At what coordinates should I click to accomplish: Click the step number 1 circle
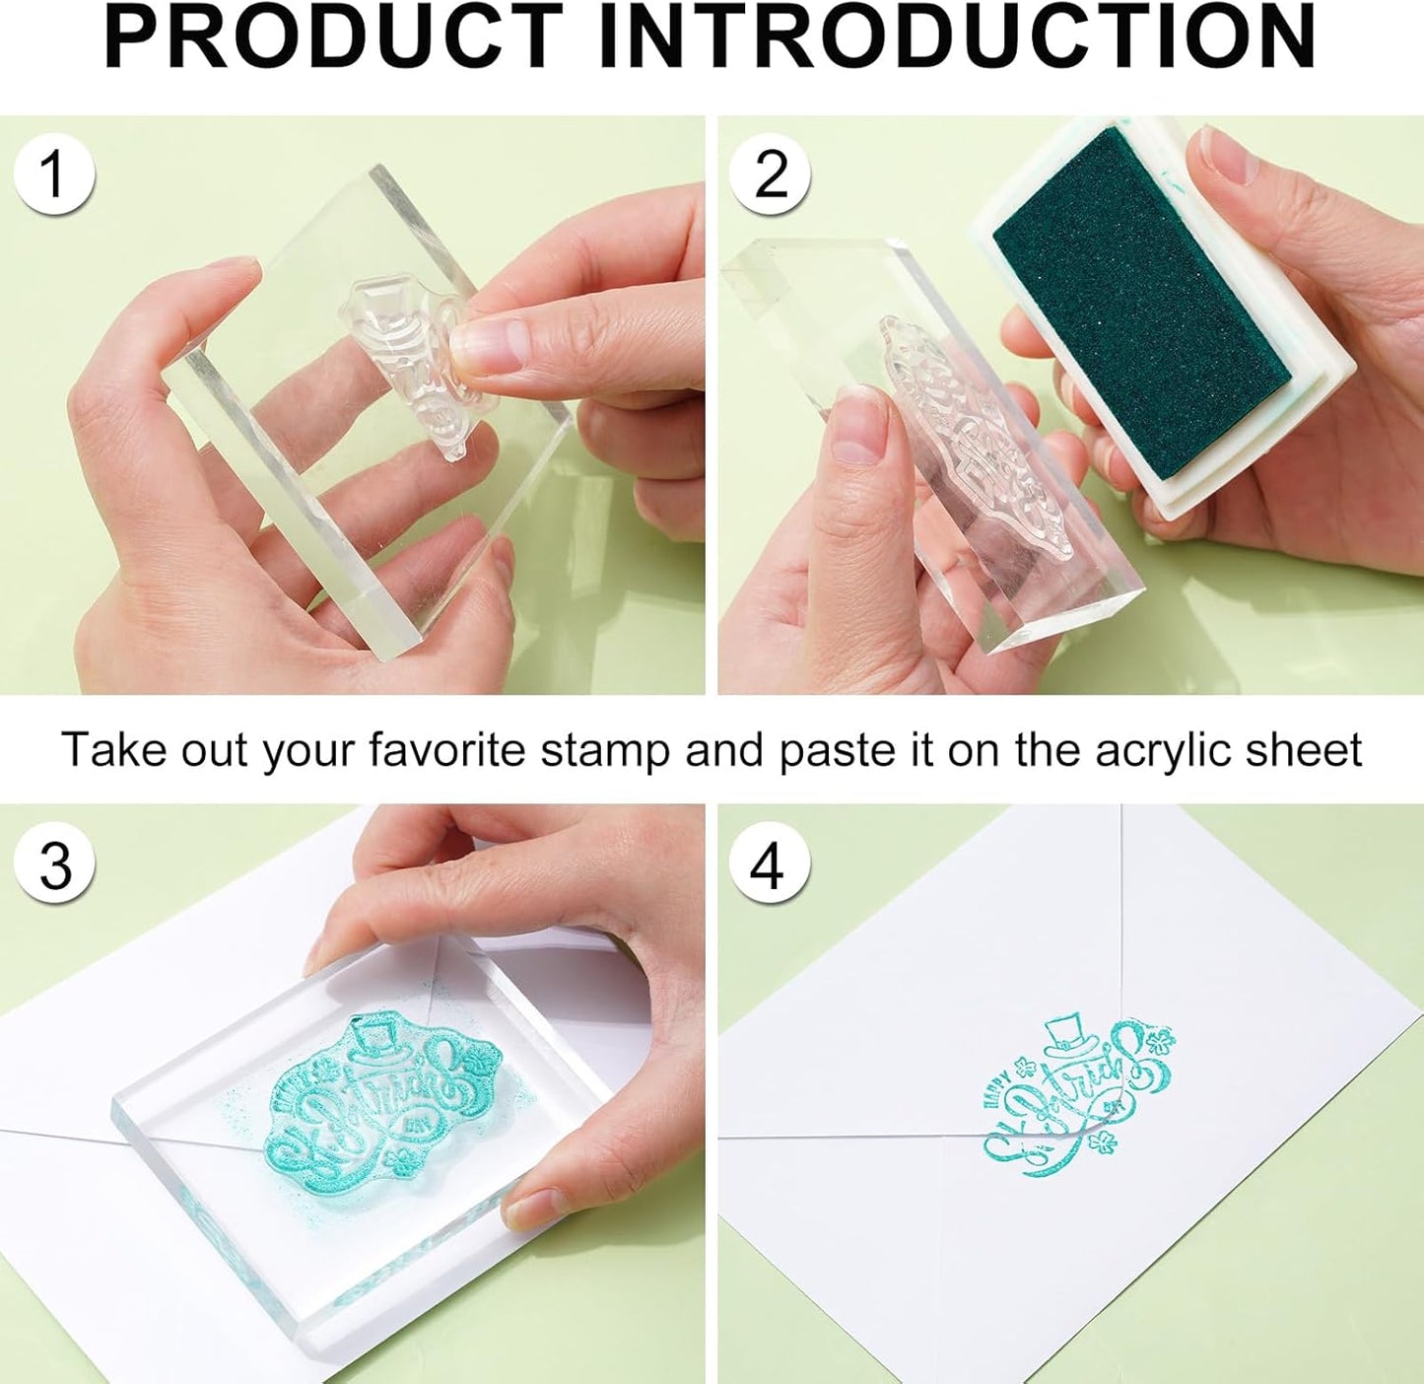tap(54, 174)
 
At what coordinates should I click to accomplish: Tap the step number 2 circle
tap(770, 174)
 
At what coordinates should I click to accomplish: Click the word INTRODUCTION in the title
tap(957, 37)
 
